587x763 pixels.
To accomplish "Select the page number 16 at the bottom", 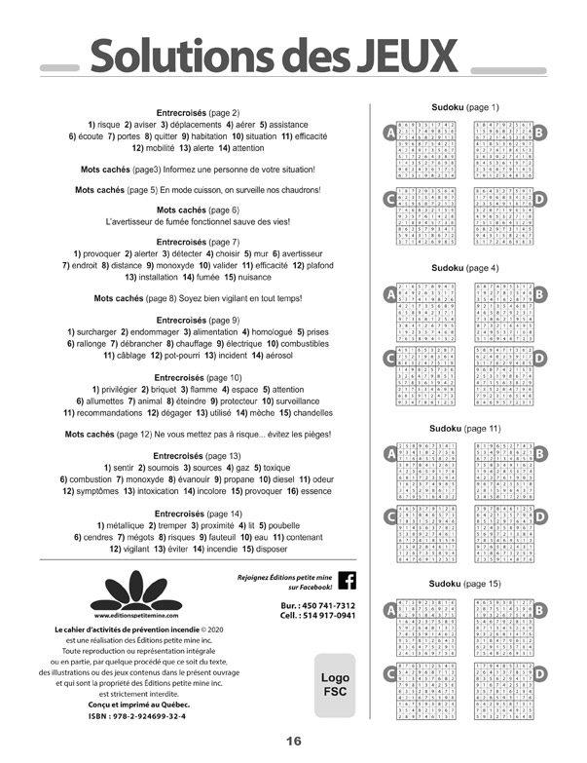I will [x=293, y=742].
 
